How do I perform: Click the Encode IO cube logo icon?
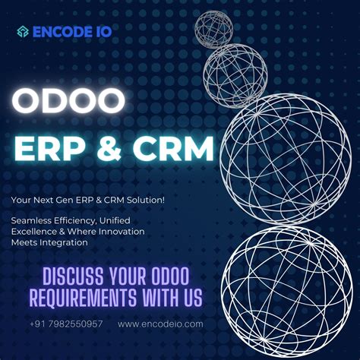click(24, 31)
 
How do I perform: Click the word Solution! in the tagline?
click(148, 200)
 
